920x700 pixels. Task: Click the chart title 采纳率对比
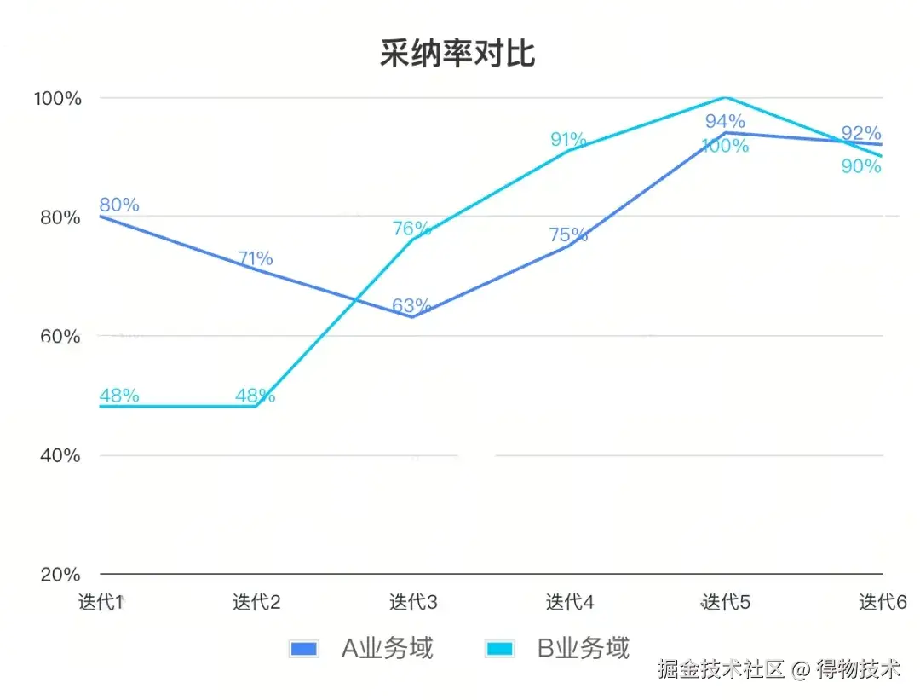[x=457, y=54]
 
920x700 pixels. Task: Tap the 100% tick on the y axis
[x=58, y=98]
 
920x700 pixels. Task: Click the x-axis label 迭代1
[x=101, y=602]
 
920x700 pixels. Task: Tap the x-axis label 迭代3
[x=413, y=602]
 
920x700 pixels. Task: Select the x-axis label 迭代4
[x=569, y=602]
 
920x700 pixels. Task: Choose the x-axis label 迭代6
[x=882, y=602]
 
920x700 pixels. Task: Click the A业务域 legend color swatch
[x=304, y=649]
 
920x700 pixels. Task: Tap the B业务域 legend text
[x=584, y=649]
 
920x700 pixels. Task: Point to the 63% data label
[x=411, y=305]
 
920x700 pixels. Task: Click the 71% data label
[x=255, y=258]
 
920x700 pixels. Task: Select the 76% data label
[x=411, y=229]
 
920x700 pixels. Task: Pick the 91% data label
[x=568, y=139]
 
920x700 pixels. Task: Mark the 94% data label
[x=725, y=121]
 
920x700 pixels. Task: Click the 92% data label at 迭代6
[x=861, y=133]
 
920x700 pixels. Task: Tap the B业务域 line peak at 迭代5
[x=725, y=98]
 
